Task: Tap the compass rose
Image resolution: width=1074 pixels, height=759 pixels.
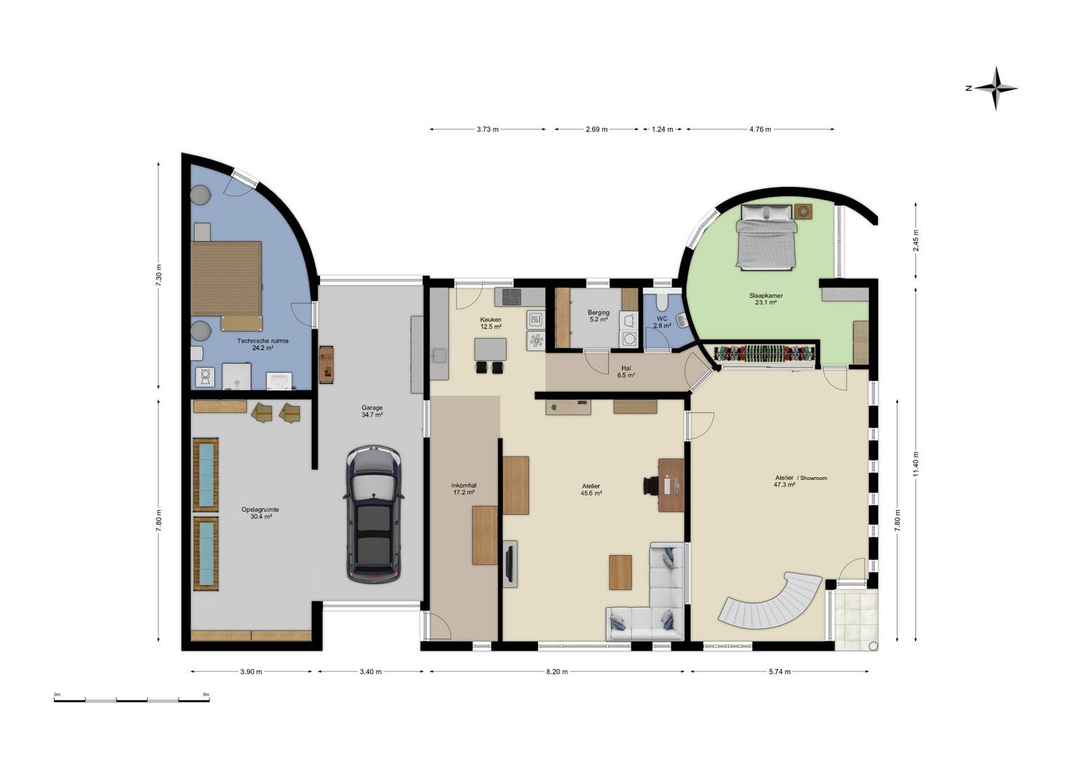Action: tap(995, 88)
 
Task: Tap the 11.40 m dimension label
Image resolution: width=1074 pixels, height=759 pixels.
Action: tap(916, 465)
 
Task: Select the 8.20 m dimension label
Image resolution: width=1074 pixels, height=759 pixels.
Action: tap(556, 671)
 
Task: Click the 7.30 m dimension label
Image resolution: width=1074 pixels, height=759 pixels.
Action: tap(159, 276)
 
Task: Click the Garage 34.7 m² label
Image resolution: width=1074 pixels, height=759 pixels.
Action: tap(372, 411)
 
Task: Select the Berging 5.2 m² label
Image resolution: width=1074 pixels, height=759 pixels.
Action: tap(599, 316)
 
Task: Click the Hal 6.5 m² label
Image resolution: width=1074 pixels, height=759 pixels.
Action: tap(626, 372)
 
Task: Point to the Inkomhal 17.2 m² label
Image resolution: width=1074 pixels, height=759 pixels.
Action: tap(464, 488)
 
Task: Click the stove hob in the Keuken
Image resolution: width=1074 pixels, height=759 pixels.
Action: tap(512, 297)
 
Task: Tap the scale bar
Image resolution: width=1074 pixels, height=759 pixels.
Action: tap(132, 700)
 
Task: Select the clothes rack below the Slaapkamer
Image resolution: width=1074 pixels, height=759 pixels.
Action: tap(765, 353)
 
